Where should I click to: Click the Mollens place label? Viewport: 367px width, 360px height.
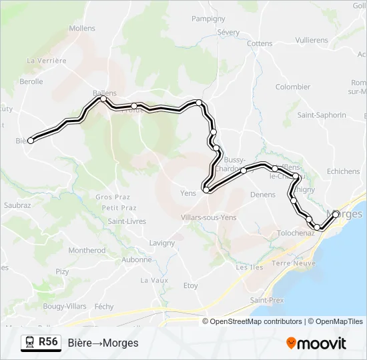point(82,29)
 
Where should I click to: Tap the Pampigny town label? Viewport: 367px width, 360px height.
point(208,19)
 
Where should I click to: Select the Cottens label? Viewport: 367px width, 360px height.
point(260,43)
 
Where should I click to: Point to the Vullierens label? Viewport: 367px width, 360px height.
point(312,40)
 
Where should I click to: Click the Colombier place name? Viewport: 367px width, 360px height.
point(293,87)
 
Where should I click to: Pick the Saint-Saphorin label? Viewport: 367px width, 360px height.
point(322,115)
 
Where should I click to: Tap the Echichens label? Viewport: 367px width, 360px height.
point(344,171)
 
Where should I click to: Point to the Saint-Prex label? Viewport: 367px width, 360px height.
point(267,301)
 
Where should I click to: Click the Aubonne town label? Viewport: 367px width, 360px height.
point(137,259)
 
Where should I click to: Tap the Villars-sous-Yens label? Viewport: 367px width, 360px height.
point(209,217)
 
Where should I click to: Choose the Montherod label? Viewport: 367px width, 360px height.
point(87,251)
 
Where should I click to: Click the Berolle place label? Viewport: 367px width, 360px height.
point(31,81)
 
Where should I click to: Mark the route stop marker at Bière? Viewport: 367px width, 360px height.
point(31,140)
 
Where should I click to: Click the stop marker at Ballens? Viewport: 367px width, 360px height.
point(103,99)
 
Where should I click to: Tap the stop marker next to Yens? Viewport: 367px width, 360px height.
point(206,190)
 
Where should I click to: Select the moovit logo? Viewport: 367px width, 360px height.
point(316,343)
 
